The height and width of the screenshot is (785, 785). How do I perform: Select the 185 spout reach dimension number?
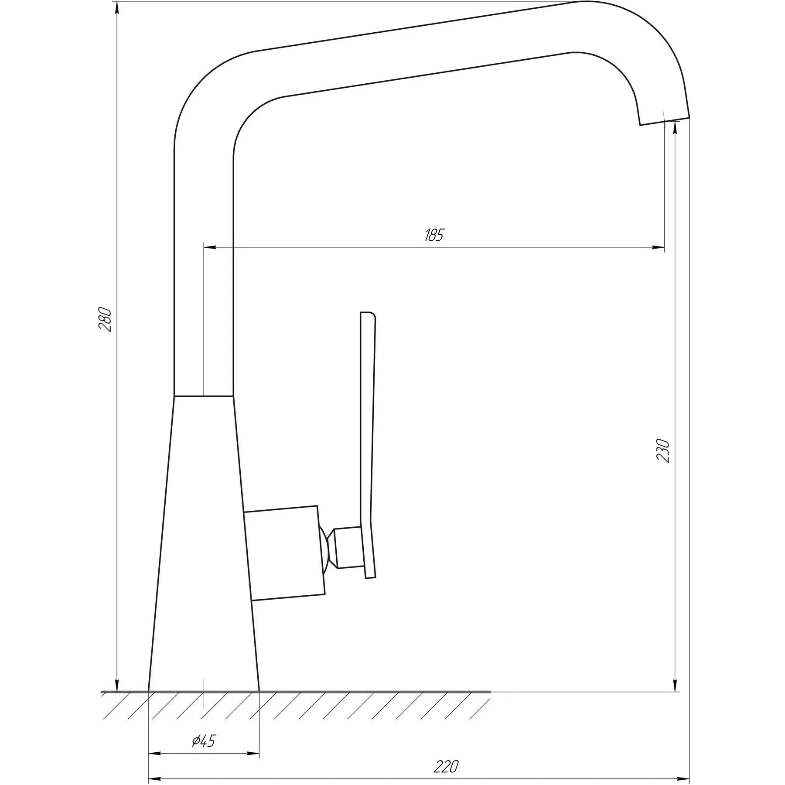click(x=434, y=235)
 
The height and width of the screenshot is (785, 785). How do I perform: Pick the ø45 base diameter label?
click(x=204, y=740)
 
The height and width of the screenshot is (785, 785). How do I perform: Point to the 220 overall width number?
click(x=446, y=765)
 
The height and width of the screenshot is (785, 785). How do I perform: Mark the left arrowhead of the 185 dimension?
click(x=209, y=247)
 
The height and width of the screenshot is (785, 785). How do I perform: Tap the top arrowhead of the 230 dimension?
click(x=675, y=126)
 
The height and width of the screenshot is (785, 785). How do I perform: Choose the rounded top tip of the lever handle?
click(x=368, y=314)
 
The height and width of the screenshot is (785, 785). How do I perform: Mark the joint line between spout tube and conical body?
click(x=203, y=396)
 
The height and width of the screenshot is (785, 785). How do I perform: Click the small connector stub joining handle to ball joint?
click(x=348, y=548)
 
